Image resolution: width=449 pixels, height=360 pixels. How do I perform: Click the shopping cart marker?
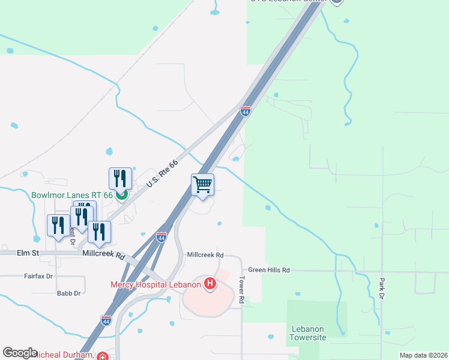point(203,185)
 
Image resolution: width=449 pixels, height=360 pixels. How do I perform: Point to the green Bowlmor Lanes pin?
point(121,194)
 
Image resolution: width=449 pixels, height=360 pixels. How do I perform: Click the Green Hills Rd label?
point(269,271)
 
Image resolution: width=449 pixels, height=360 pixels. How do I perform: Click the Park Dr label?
point(381,289)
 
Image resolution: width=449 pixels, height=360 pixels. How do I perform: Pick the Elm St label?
point(28,254)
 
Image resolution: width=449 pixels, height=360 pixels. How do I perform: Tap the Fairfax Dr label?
point(38,277)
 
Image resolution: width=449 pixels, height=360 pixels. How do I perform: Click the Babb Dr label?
point(68,293)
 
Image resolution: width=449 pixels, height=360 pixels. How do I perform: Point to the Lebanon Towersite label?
point(309,334)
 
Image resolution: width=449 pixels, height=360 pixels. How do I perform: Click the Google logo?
point(20,353)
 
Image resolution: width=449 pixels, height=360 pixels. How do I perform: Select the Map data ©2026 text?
point(423,355)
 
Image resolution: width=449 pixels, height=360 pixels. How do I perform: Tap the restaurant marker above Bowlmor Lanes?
point(120,178)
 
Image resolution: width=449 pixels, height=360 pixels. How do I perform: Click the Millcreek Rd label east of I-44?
point(205,255)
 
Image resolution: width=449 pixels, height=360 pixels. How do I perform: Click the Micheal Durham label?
point(63,355)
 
